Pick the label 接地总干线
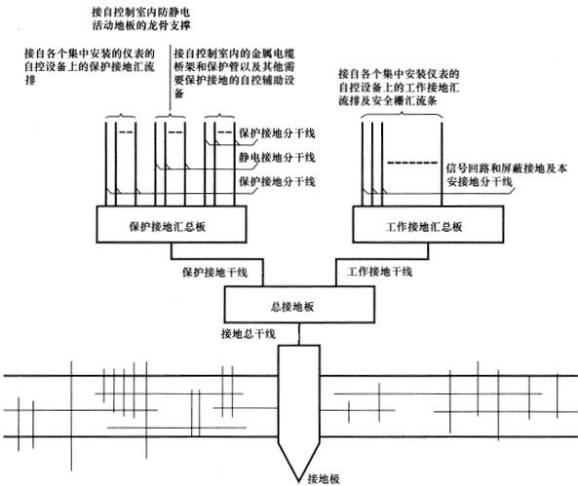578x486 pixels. [250, 334]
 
